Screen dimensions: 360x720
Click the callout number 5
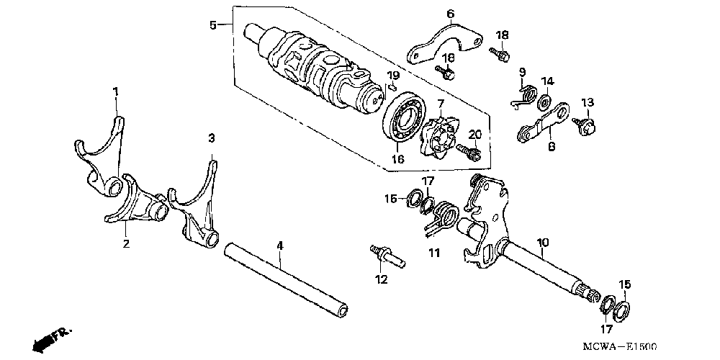pyautogui.click(x=213, y=25)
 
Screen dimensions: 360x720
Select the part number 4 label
pyautogui.click(x=280, y=246)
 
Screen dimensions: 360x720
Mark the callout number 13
pyautogui.click(x=587, y=102)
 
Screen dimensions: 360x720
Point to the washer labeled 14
pyautogui.click(x=545, y=99)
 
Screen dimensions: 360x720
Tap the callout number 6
pyautogui.click(x=450, y=13)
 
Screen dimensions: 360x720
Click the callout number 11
pyautogui.click(x=433, y=253)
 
